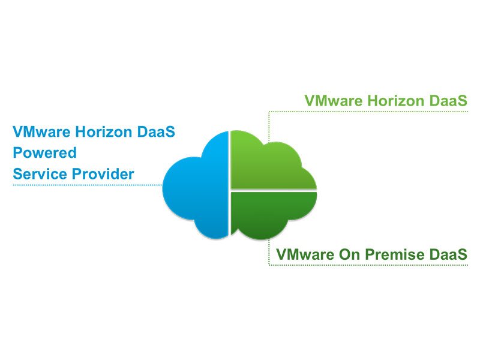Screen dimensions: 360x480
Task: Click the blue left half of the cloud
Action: pos(195,186)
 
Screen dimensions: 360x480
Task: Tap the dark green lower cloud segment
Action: pos(270,213)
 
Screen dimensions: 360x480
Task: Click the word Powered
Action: pos(44,153)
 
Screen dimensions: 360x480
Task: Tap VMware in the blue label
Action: pos(40,131)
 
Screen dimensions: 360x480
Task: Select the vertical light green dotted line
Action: pos(269,126)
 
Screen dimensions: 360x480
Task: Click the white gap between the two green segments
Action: pos(273,190)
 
